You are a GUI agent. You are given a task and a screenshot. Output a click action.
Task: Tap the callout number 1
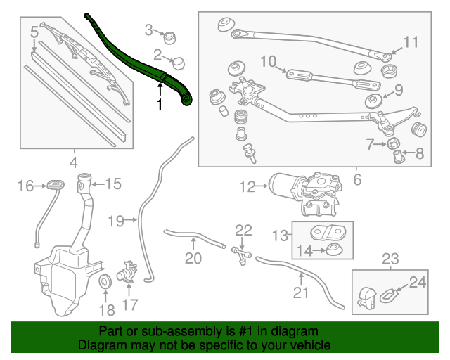160,105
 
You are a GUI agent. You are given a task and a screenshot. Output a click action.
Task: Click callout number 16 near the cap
25,186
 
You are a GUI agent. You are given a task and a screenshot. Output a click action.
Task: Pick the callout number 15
112,184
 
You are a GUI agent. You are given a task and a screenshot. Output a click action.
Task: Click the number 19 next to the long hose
116,221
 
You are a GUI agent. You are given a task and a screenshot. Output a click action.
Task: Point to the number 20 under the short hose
193,258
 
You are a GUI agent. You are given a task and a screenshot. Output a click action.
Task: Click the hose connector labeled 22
241,252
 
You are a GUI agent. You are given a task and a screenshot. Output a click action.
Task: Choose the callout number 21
300,292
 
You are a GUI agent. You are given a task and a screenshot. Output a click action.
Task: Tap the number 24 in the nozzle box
418,283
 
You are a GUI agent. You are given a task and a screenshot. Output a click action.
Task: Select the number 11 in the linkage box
411,41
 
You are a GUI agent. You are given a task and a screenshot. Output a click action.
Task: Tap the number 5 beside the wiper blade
34,32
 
